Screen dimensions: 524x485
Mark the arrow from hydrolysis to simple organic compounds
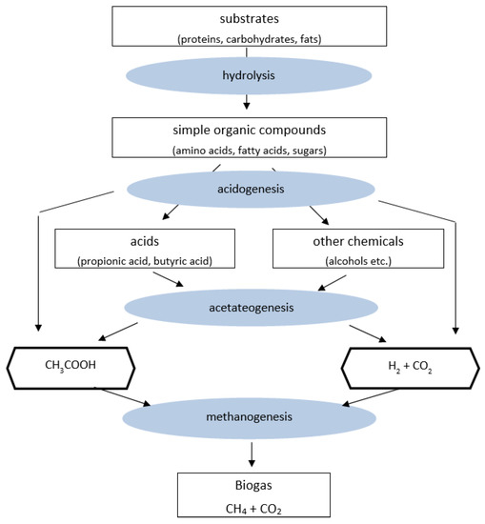248,100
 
